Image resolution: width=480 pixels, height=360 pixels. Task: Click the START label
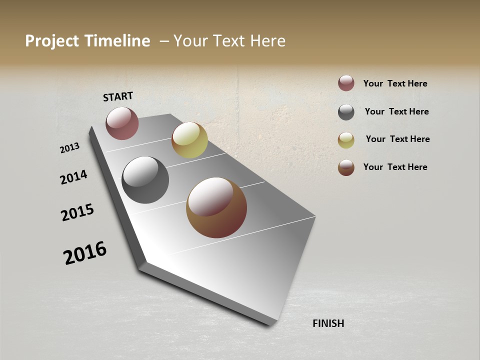coord(118,96)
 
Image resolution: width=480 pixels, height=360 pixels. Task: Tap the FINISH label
coord(328,323)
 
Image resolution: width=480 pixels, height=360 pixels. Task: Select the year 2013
coord(69,148)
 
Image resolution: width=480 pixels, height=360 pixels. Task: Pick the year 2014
coord(73,177)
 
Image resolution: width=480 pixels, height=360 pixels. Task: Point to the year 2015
coord(77,212)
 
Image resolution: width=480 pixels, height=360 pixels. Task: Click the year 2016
coord(85,253)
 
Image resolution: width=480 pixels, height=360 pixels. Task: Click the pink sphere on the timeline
coord(122,123)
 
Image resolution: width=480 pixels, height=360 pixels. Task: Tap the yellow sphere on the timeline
coord(189,139)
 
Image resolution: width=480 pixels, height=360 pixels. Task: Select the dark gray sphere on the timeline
coord(145,179)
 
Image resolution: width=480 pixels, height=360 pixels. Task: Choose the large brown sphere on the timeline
coord(216,207)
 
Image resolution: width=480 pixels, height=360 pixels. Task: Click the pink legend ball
coord(346,83)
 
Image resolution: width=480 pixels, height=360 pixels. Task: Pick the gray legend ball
coord(346,112)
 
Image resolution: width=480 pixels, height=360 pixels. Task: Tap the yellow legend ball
coord(346,140)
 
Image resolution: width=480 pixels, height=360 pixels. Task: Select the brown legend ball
coord(346,167)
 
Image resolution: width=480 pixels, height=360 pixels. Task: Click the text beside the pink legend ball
coord(395,83)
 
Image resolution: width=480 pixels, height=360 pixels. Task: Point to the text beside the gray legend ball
coord(396,111)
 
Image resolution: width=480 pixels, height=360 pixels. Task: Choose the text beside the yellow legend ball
coord(397,139)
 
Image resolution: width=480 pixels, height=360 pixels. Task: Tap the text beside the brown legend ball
coord(395,167)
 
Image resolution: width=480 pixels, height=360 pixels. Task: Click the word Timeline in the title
coord(117,41)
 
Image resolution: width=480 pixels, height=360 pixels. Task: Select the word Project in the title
coord(52,41)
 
